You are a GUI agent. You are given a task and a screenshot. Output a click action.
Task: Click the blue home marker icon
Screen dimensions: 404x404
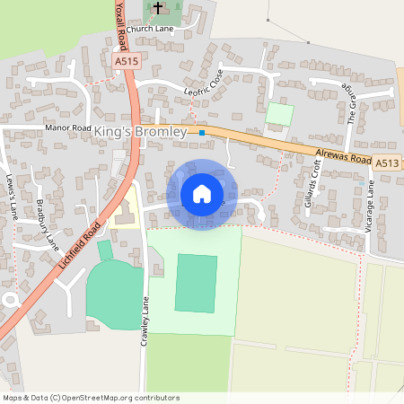pyautogui.click(x=202, y=194)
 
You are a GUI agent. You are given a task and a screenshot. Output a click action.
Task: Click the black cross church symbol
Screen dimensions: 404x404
pyautogui.click(x=158, y=8)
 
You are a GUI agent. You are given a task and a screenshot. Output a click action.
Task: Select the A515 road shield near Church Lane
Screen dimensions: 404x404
pyautogui.click(x=126, y=60)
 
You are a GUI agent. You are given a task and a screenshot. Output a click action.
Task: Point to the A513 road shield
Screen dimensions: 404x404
pyautogui.click(x=387, y=162)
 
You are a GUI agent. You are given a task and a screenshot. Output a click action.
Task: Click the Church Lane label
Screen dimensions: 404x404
pyautogui.click(x=150, y=29)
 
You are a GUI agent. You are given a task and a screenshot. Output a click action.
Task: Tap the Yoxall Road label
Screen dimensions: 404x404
pyautogui.click(x=119, y=25)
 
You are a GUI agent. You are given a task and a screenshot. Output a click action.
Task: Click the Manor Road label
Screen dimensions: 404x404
pyautogui.click(x=68, y=128)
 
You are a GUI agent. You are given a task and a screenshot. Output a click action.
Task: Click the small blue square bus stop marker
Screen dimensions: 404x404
pyautogui.click(x=202, y=133)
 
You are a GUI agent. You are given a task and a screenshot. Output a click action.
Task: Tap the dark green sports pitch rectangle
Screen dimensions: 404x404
pyautogui.click(x=196, y=283)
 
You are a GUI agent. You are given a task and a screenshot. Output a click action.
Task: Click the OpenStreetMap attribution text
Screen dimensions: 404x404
pyautogui.click(x=91, y=397)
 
